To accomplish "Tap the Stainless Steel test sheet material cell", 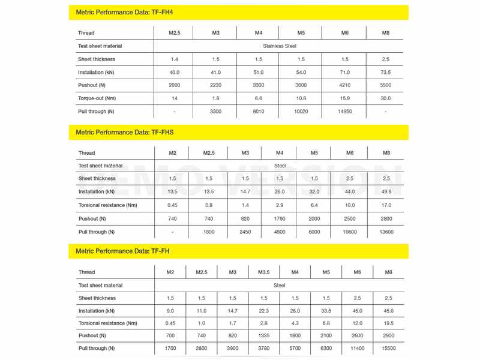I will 280,46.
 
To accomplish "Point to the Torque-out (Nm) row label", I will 97,98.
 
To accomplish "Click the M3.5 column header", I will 264,272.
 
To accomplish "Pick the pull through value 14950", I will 345,112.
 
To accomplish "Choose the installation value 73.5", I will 386,73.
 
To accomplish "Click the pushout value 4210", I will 345,85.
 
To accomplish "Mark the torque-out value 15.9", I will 345,98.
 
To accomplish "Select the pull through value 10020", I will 301,112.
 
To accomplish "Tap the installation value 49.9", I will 386,192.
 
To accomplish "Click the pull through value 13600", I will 386,232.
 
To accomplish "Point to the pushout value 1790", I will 280,219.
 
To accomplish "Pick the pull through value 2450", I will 245,232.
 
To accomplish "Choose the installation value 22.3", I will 264,311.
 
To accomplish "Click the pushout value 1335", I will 264,336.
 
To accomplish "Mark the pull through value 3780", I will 264,349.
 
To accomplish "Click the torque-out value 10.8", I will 301,98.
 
